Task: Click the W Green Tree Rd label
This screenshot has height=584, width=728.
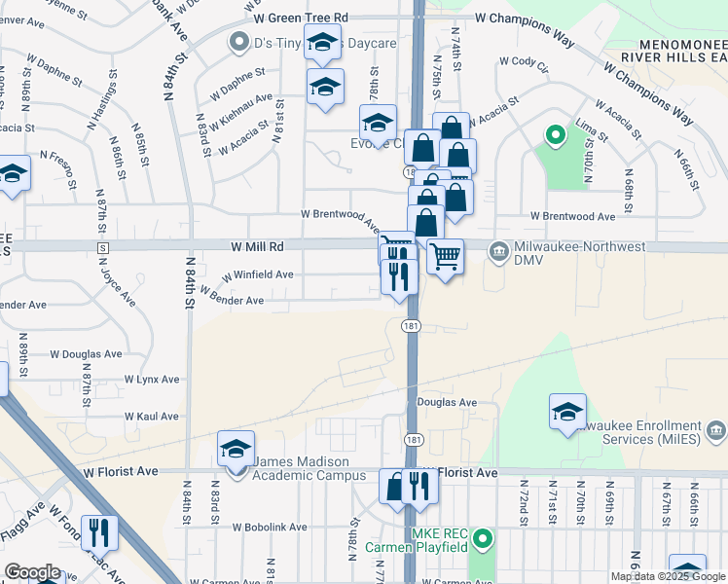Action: (x=301, y=18)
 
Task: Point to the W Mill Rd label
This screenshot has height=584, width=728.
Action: (x=257, y=247)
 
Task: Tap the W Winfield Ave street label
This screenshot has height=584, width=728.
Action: (x=257, y=275)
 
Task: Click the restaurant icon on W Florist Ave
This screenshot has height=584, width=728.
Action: (x=419, y=486)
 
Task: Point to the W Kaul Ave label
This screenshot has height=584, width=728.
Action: (x=152, y=417)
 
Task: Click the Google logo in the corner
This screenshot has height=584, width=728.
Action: (x=32, y=571)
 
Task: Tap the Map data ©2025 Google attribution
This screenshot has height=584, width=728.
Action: (x=668, y=576)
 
